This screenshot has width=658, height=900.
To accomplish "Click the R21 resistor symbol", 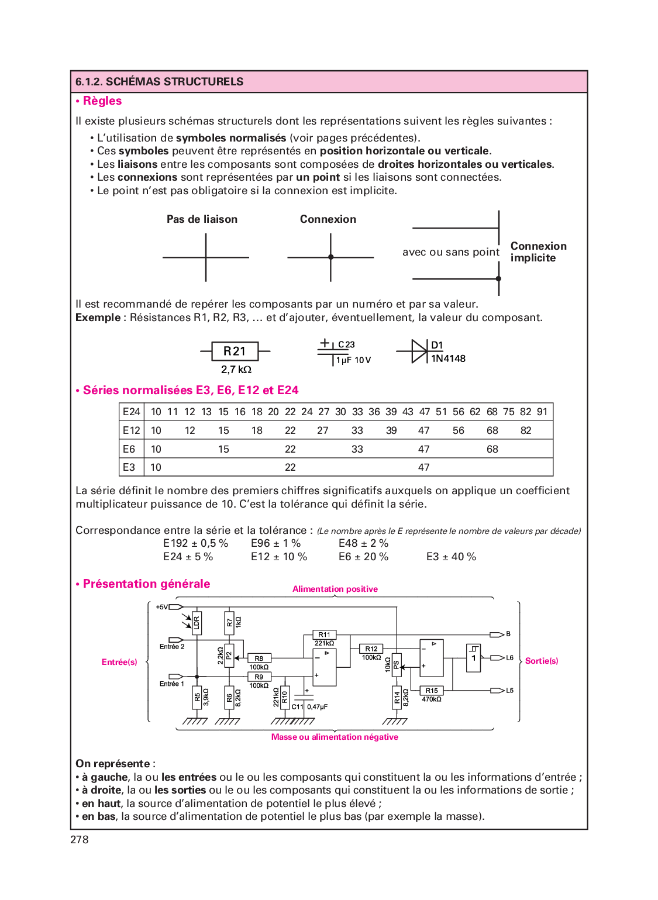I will pyautogui.click(x=235, y=351).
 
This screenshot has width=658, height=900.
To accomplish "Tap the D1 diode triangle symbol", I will pyautogui.click(x=419, y=351).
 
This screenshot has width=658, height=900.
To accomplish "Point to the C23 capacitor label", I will pyautogui.click(x=346, y=344).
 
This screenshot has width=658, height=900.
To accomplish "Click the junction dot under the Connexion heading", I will pyautogui.click(x=330, y=257).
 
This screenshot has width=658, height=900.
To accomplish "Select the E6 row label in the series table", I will pyautogui.click(x=129, y=449).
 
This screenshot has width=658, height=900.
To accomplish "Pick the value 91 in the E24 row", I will pyautogui.click(x=542, y=412).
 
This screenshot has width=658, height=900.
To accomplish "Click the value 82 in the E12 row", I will pyautogui.click(x=526, y=430).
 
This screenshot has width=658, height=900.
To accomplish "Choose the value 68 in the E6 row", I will pyautogui.click(x=492, y=449).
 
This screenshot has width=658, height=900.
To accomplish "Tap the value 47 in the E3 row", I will pyautogui.click(x=424, y=467).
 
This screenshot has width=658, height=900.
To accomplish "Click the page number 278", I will pyautogui.click(x=80, y=840).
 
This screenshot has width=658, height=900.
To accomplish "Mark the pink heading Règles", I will pyautogui.click(x=102, y=101).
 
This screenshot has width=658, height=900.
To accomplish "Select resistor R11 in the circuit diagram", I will pyautogui.click(x=324, y=635).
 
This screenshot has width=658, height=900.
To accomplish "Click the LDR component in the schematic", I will pyautogui.click(x=197, y=622).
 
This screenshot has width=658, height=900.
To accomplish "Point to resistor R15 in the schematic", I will pyautogui.click(x=432, y=691).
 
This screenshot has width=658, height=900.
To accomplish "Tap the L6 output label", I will pyautogui.click(x=509, y=658).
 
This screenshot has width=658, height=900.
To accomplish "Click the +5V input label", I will pyautogui.click(x=161, y=607).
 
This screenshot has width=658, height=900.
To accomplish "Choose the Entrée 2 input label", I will pyautogui.click(x=172, y=647).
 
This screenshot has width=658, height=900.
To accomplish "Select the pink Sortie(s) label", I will pyautogui.click(x=542, y=661).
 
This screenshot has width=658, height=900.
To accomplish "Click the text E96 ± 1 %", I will pyautogui.click(x=276, y=543).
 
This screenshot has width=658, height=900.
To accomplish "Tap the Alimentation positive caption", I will pyautogui.click(x=335, y=589).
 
